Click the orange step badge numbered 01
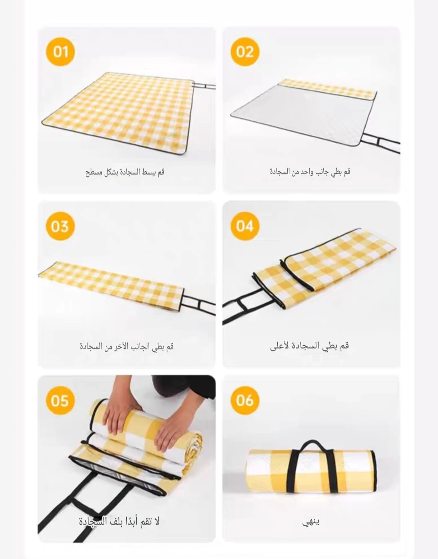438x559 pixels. [61, 52]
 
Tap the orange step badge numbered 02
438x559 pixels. [245, 52]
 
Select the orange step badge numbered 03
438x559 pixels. [60, 226]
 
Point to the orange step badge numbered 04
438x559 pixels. [245, 226]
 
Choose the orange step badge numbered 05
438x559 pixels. [60, 400]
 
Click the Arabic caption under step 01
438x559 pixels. [125, 172]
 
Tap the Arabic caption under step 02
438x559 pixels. [310, 172]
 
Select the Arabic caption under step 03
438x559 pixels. [126, 346]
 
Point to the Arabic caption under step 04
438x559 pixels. [310, 346]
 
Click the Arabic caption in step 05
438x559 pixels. [119, 521]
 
